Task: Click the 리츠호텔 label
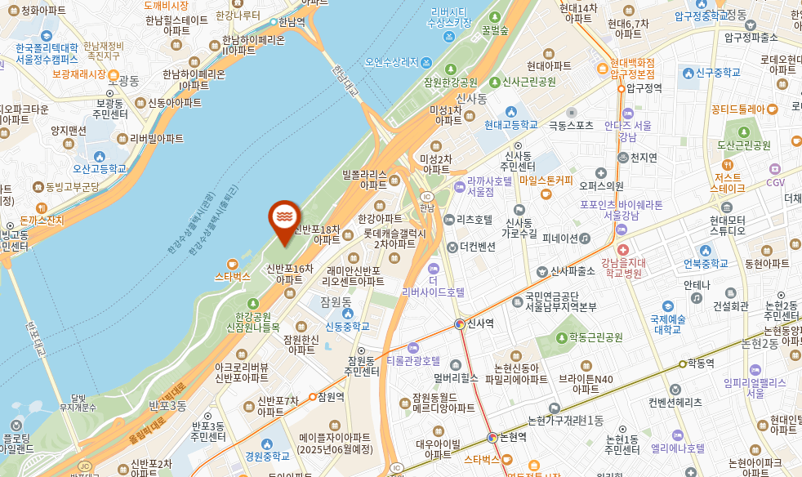click(475, 220)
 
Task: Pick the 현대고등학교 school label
click(510, 125)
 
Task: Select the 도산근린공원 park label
click(744, 145)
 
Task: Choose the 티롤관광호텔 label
click(413, 360)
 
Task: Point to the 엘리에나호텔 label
click(678, 448)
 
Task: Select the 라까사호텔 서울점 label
click(489, 186)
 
